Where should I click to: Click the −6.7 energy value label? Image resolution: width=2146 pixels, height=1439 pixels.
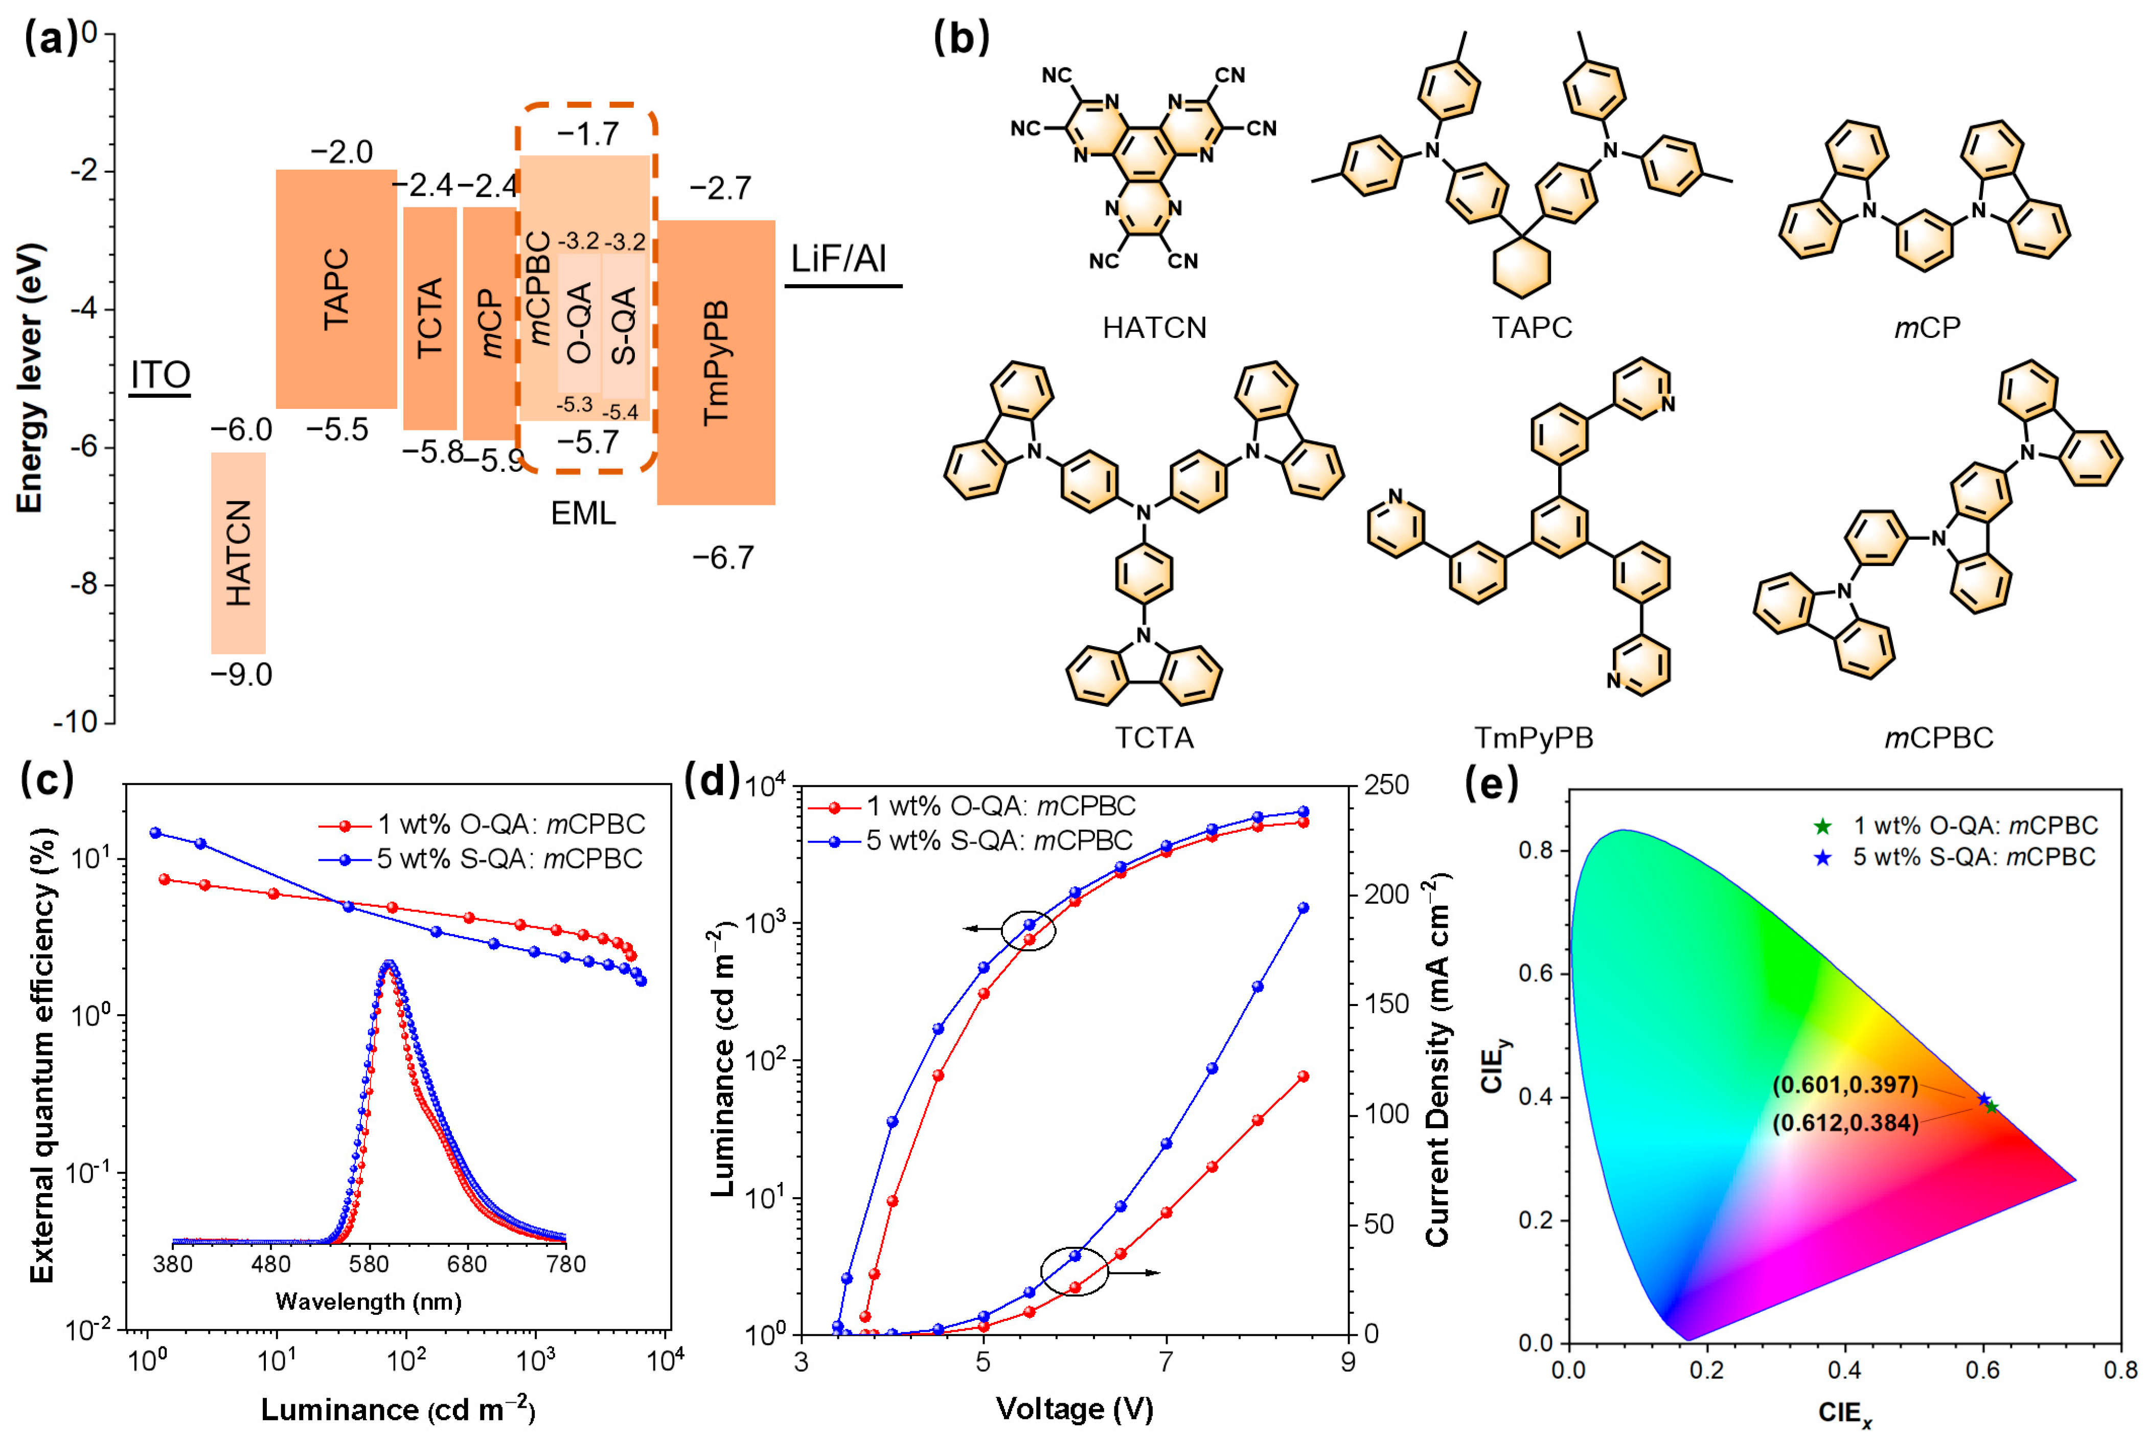[x=723, y=557]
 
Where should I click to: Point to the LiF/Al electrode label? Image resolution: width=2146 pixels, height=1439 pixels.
[x=839, y=260]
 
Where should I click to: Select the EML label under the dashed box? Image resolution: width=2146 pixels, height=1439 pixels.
[x=583, y=513]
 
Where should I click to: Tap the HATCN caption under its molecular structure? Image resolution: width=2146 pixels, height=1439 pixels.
[x=1154, y=328]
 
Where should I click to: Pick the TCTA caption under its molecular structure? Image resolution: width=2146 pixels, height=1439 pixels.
[x=1154, y=737]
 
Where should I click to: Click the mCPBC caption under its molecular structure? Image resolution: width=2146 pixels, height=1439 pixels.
[x=1938, y=737]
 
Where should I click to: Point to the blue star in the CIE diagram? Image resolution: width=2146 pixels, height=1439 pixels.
[x=1983, y=1099]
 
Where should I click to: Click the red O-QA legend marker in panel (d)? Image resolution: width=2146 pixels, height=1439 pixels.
[x=835, y=807]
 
